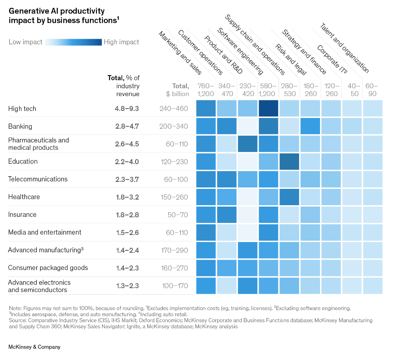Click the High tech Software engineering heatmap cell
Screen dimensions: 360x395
click(268, 109)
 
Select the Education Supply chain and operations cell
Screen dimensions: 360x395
click(289, 162)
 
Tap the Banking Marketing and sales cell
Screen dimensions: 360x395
click(205, 126)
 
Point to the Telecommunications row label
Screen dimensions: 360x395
click(38, 179)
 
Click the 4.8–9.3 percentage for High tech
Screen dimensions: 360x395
click(127, 109)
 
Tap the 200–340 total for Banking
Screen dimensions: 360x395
click(174, 126)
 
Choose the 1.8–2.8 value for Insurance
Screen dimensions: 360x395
click(127, 215)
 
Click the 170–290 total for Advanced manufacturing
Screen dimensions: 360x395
click(174, 250)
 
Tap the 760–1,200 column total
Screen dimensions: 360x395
click(205, 90)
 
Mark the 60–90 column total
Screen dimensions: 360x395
click(372, 90)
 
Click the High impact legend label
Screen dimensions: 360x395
click(121, 42)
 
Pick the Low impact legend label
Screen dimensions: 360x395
click(26, 42)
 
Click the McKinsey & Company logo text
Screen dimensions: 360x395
click(34, 347)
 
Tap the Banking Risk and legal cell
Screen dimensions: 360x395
click(310, 126)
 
